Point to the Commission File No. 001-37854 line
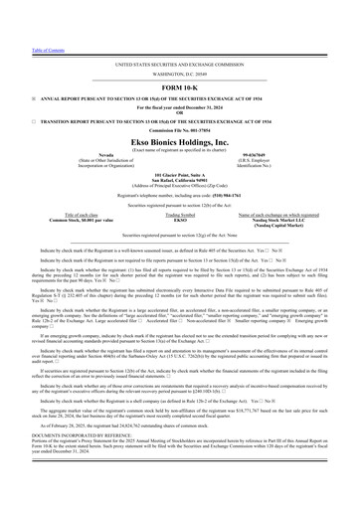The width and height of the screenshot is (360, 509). point(180,127)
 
